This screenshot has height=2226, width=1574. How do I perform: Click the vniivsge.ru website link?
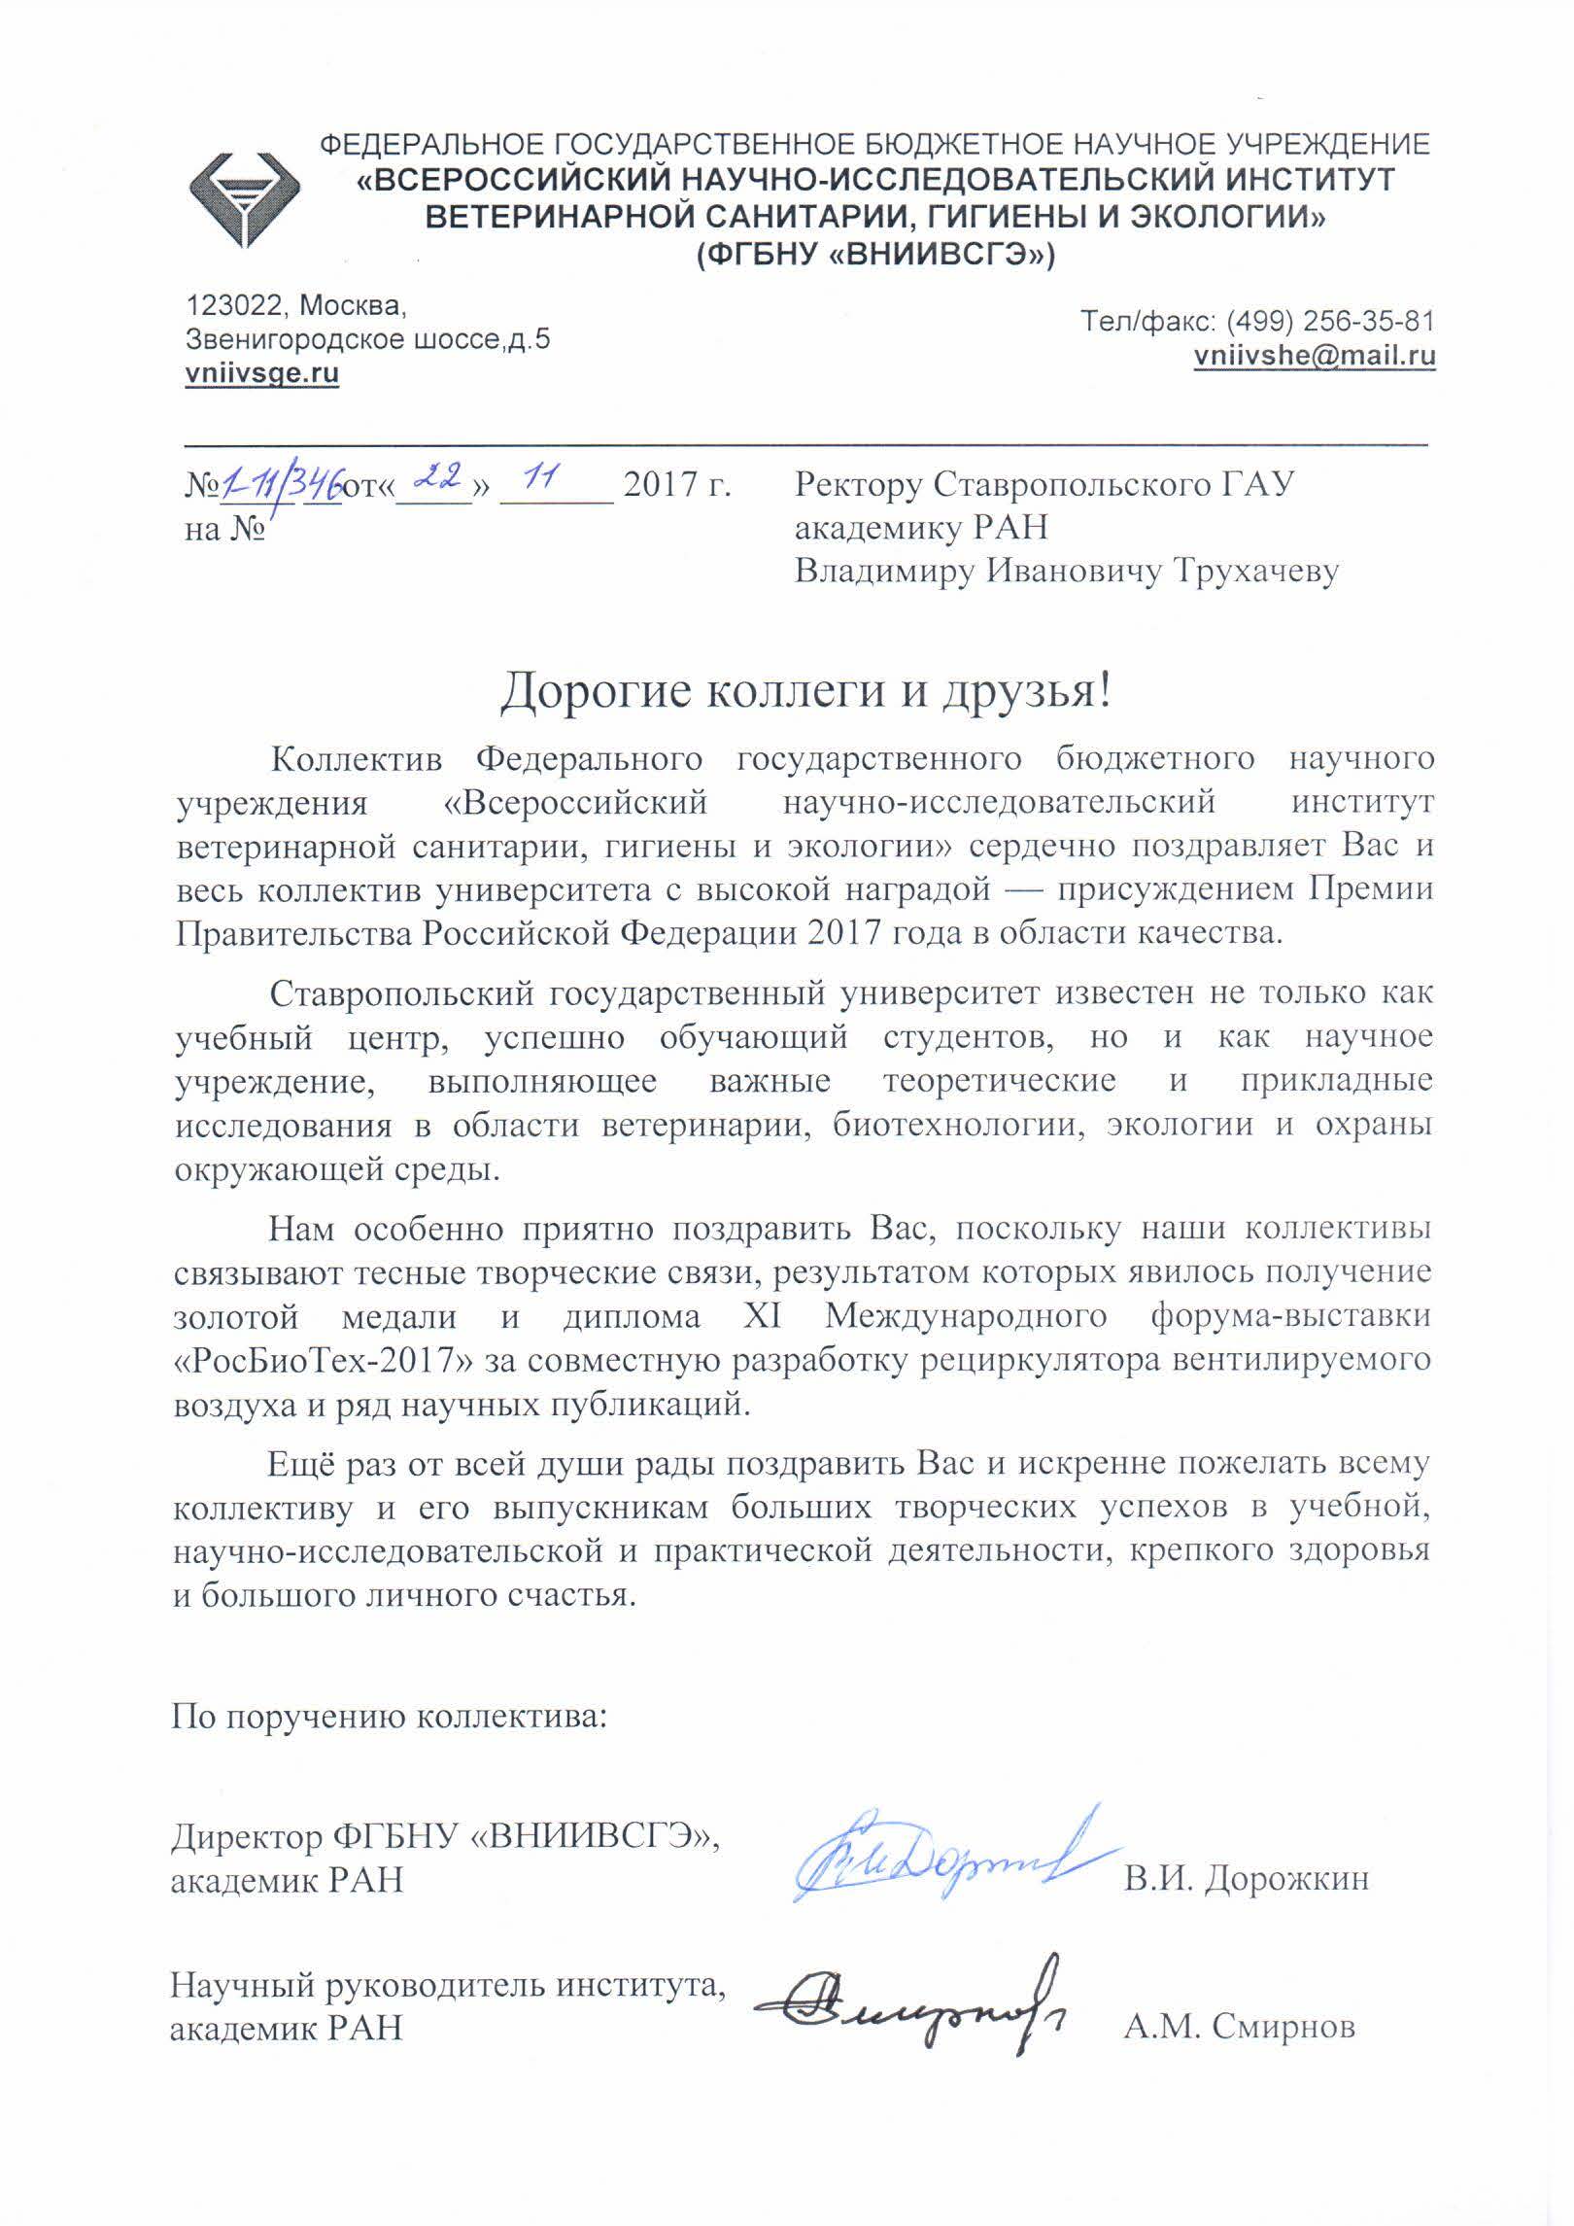tap(262, 374)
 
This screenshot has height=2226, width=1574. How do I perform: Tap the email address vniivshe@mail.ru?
tap(1315, 356)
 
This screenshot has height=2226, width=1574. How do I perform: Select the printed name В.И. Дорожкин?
tap(1247, 1879)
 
